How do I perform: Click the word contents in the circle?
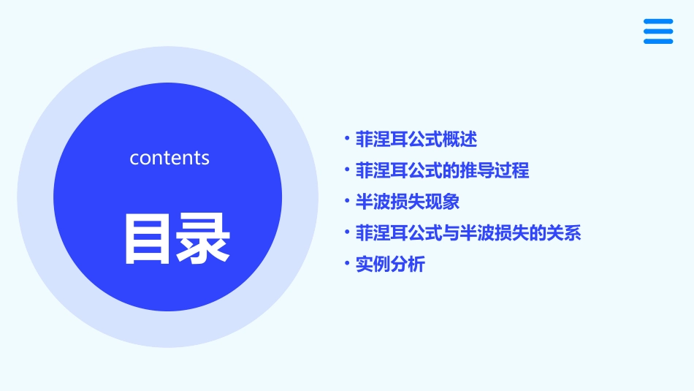pos(169,158)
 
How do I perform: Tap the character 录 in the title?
pos(204,238)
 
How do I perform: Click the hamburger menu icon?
pos(657,31)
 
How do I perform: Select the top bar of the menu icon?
pos(657,22)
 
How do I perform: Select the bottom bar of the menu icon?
pos(657,41)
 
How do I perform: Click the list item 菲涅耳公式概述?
pos(416,139)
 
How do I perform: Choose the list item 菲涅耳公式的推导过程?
pos(442,170)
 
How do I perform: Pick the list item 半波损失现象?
pos(407,202)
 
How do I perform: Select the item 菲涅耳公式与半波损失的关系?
pos(468,233)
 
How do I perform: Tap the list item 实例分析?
pos(389,265)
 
